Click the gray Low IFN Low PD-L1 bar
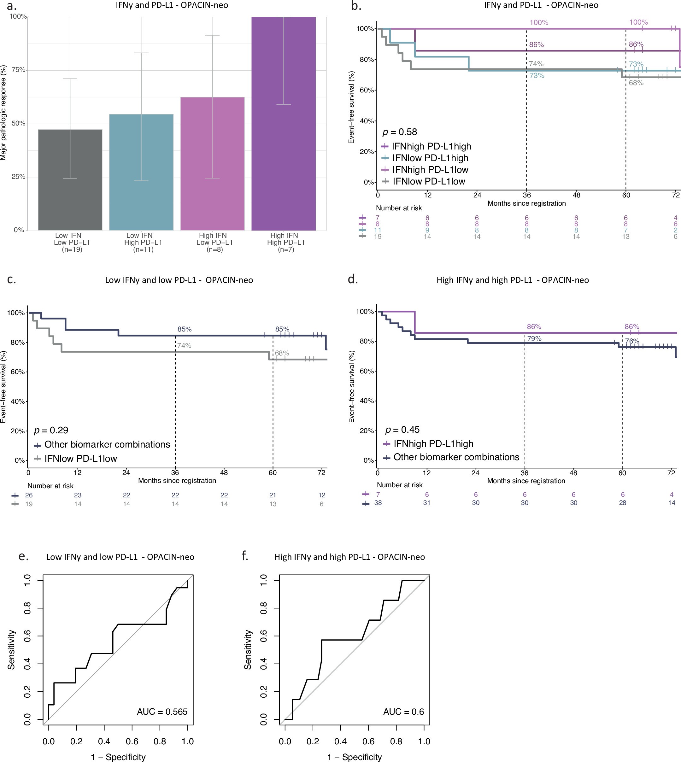coord(70,179)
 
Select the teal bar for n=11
coord(141,172)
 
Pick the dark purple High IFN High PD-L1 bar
coord(284,123)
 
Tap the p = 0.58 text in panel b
coord(399,132)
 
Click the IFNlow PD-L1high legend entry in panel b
coord(430,158)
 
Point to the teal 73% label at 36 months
coord(537,76)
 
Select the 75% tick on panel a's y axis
coord(18,70)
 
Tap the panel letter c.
coord(12,279)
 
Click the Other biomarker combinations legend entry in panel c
coord(107,444)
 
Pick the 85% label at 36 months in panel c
coord(185,329)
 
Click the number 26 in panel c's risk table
coord(29,495)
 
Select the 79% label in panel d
coord(534,338)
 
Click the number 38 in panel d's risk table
coord(378,503)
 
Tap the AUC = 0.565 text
coord(162,712)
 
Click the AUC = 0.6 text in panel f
coord(403,712)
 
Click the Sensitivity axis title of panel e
coord(12,649)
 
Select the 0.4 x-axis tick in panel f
coord(341,741)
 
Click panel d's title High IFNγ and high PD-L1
coord(512,280)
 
